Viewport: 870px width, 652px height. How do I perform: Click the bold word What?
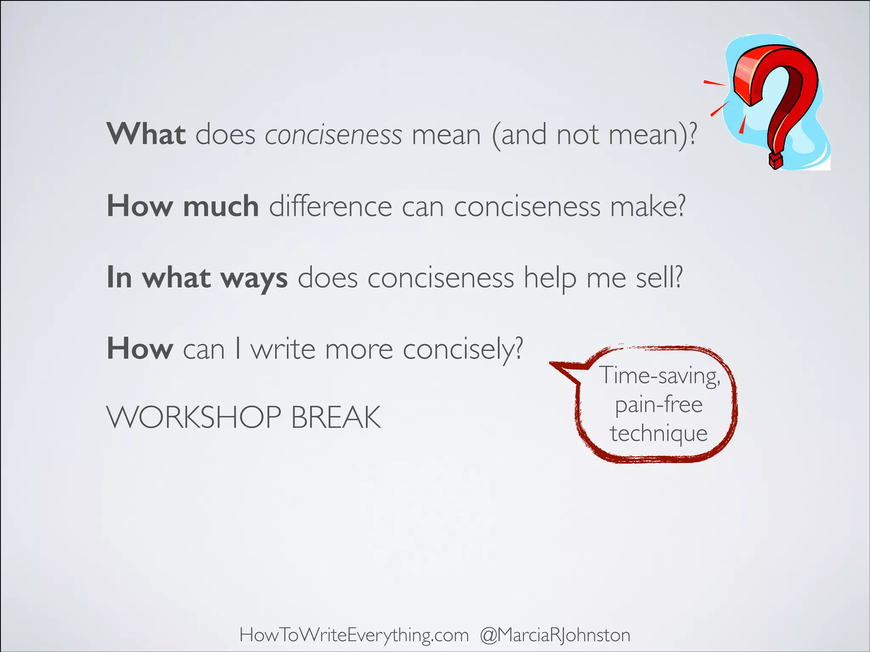(x=146, y=134)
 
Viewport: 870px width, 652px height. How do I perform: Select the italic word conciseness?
(x=333, y=135)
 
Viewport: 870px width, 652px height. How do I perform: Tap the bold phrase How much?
(x=183, y=206)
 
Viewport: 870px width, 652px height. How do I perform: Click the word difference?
(x=330, y=207)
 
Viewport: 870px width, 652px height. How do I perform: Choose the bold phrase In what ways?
(x=197, y=278)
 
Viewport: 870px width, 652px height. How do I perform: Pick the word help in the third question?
(x=550, y=279)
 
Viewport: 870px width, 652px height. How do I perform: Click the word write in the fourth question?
(x=283, y=349)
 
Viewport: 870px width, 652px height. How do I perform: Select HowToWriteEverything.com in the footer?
(x=354, y=635)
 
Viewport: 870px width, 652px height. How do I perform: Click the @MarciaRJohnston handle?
(x=555, y=635)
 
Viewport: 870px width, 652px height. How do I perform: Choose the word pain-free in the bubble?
(x=659, y=405)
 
